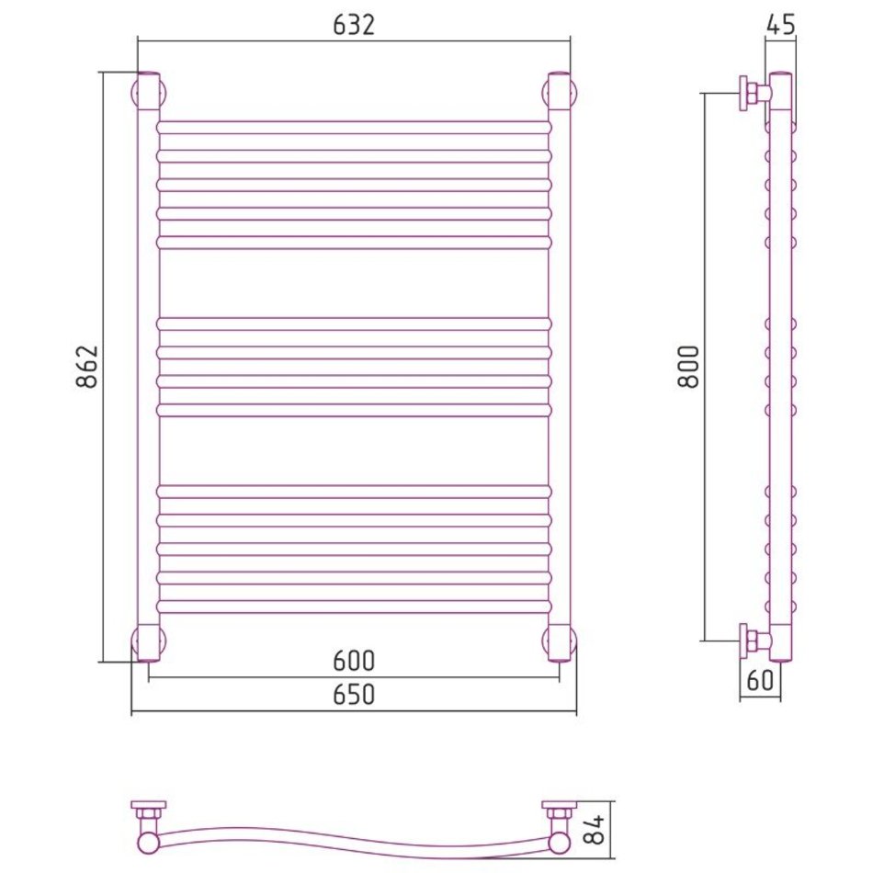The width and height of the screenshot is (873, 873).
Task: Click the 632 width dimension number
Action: click(354, 26)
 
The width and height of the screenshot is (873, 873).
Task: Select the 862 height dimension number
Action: click(87, 367)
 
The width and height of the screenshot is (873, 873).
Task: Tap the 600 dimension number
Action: click(354, 661)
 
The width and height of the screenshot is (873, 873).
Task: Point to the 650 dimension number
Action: click(354, 695)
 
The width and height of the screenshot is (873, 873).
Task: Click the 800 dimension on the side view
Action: click(688, 367)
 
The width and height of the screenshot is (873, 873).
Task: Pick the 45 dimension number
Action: click(780, 25)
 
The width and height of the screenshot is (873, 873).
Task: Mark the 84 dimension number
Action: click(595, 830)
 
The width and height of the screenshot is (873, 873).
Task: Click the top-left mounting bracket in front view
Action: click(149, 91)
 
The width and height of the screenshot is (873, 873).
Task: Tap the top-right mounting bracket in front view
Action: click(560, 91)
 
